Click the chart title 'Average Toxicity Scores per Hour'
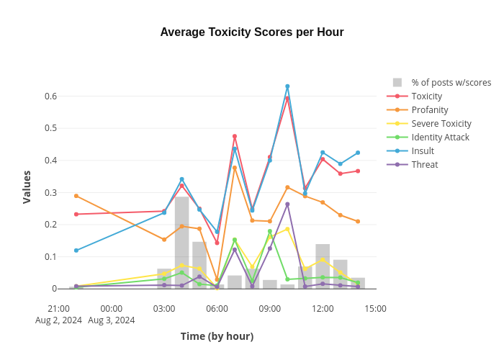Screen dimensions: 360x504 tap(251, 32)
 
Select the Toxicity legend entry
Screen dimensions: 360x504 tap(426, 96)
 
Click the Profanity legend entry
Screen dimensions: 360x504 tap(429, 109)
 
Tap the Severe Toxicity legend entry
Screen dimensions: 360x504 tap(441, 123)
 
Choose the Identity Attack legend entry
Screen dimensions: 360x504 tap(440, 137)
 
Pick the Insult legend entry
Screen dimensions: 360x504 tap(423, 150)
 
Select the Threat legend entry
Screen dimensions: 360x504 tap(424, 164)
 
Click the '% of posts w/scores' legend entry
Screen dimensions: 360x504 tap(451, 82)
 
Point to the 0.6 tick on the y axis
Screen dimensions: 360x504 tap(50, 96)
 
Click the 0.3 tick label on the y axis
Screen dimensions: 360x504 tap(50, 192)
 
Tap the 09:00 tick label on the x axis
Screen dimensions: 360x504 tap(270, 308)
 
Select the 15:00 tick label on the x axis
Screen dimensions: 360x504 tap(375, 308)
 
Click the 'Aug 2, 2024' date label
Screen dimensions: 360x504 tap(58, 320)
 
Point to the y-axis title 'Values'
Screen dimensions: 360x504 tap(27, 186)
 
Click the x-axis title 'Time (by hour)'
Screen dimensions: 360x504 tap(217, 336)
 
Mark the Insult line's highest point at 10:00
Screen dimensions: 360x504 tap(287, 86)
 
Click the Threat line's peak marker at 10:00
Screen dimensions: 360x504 tap(287, 204)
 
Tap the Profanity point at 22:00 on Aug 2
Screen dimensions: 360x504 tap(76, 196)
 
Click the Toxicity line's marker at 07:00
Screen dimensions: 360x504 tap(235, 136)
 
